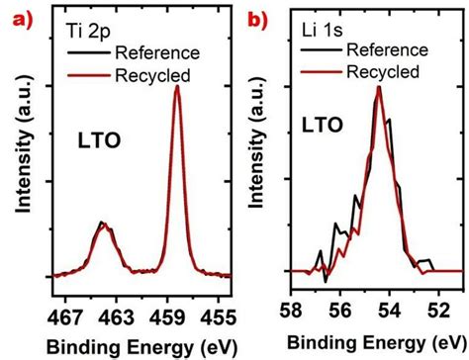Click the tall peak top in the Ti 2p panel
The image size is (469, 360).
(177, 87)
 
